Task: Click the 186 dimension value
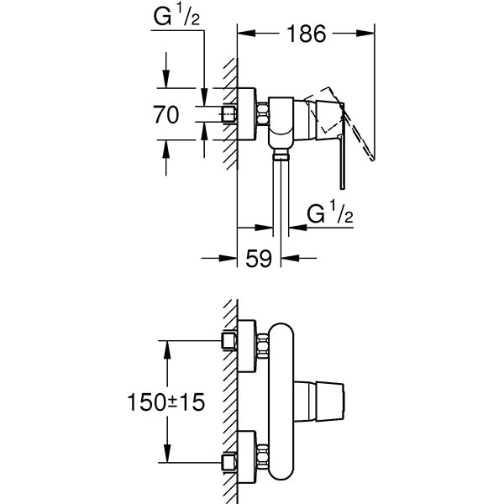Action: pos(305,34)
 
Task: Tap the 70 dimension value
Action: pos(166,115)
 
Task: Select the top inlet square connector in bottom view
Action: pos(227,340)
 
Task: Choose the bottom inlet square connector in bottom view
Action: pos(227,462)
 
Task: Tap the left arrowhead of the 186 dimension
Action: pos(244,34)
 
